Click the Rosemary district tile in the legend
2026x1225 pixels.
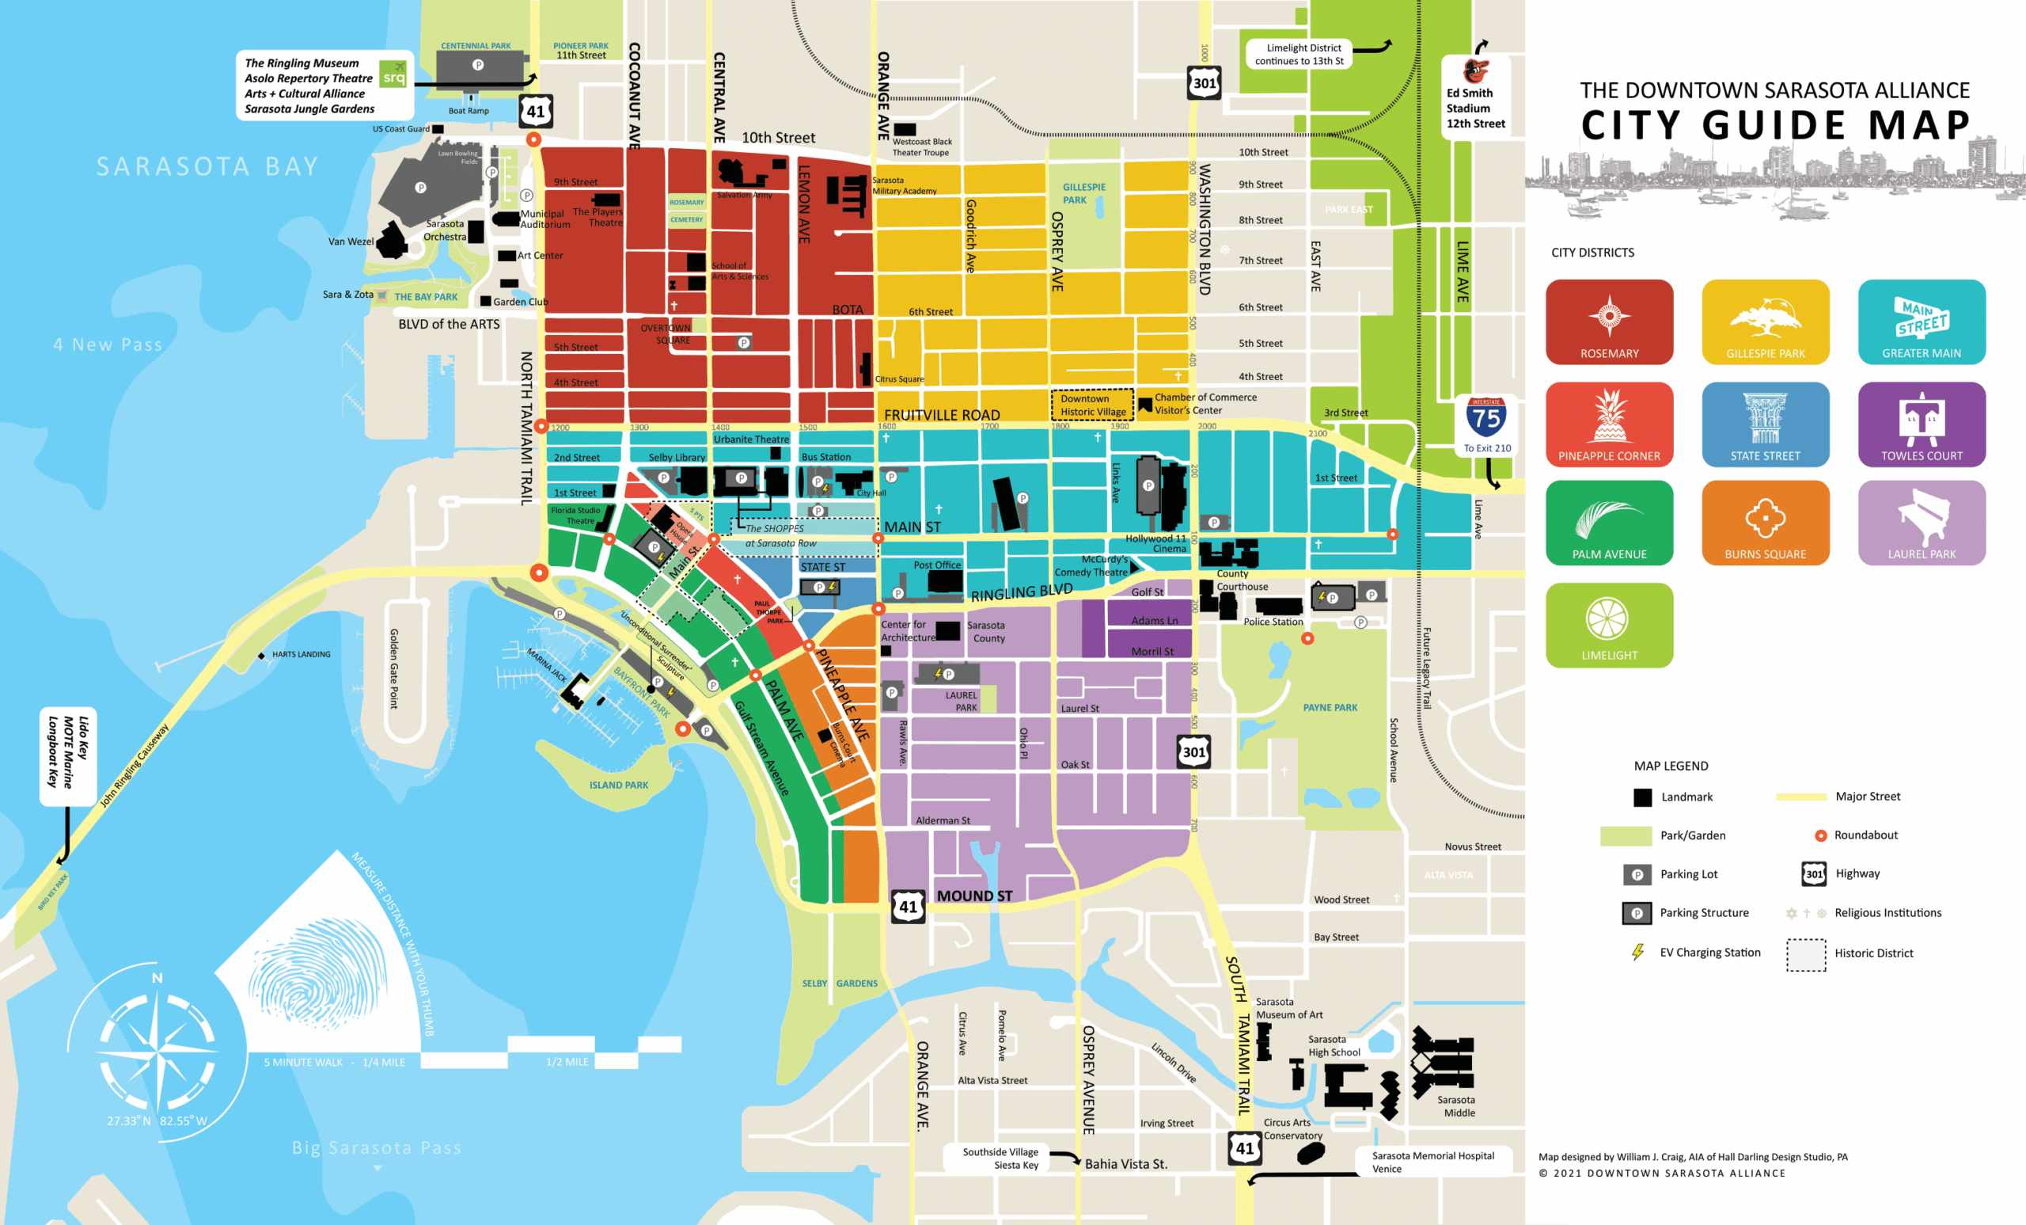(x=1608, y=321)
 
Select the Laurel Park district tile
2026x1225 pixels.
(x=1921, y=523)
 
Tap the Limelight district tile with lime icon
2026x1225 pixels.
(x=1608, y=625)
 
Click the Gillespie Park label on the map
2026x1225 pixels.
(x=1083, y=193)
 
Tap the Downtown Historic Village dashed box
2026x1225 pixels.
(x=1092, y=405)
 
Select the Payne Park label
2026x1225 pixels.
(x=1330, y=707)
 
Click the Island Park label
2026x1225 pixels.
(x=618, y=785)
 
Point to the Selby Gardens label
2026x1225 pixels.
(x=839, y=983)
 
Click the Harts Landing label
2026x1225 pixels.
(x=300, y=654)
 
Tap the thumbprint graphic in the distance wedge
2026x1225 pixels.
(x=317, y=968)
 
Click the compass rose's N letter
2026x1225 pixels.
(x=157, y=978)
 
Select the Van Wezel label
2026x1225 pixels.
(x=351, y=241)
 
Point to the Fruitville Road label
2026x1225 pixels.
(x=942, y=415)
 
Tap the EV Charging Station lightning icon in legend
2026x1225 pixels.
(x=1637, y=952)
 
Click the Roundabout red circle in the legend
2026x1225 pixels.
(x=1820, y=835)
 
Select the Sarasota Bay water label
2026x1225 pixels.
(x=207, y=166)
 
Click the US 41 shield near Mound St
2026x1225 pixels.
(x=908, y=907)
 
